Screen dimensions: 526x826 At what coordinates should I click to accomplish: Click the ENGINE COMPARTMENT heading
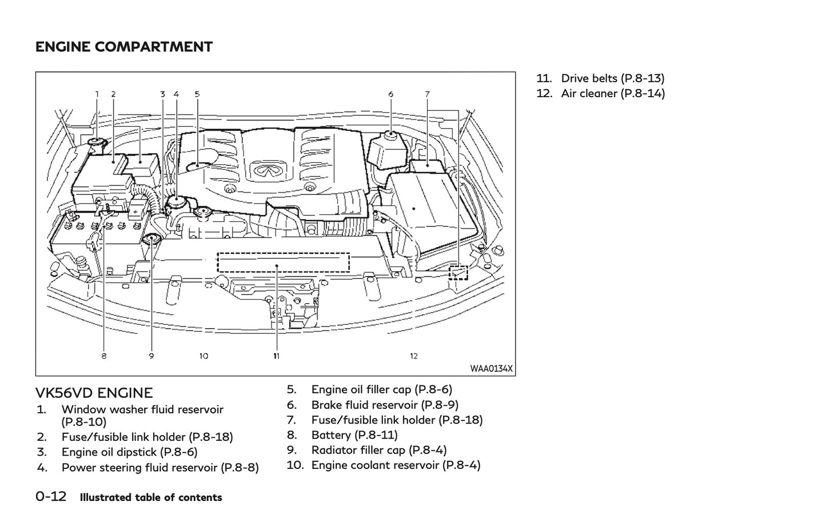[x=123, y=47]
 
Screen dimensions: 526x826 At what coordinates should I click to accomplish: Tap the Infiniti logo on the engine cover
[x=264, y=170]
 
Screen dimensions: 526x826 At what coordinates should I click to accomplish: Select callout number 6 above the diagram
[x=391, y=94]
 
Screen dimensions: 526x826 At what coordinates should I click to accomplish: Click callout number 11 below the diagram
[x=276, y=356]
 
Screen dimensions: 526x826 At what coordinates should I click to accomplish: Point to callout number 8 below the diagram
[x=104, y=356]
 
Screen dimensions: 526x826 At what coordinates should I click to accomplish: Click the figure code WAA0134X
[x=491, y=369]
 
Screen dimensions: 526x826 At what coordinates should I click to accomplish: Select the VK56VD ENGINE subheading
[x=94, y=393]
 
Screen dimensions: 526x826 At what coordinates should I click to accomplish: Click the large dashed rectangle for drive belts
[x=283, y=263]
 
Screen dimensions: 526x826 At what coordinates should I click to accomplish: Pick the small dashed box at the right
[x=458, y=273]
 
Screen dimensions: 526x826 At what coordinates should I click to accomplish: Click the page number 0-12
[x=51, y=496]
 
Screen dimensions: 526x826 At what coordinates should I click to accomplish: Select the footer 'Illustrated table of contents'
[x=151, y=497]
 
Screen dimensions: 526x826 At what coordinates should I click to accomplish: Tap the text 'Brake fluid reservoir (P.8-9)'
[x=384, y=405]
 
